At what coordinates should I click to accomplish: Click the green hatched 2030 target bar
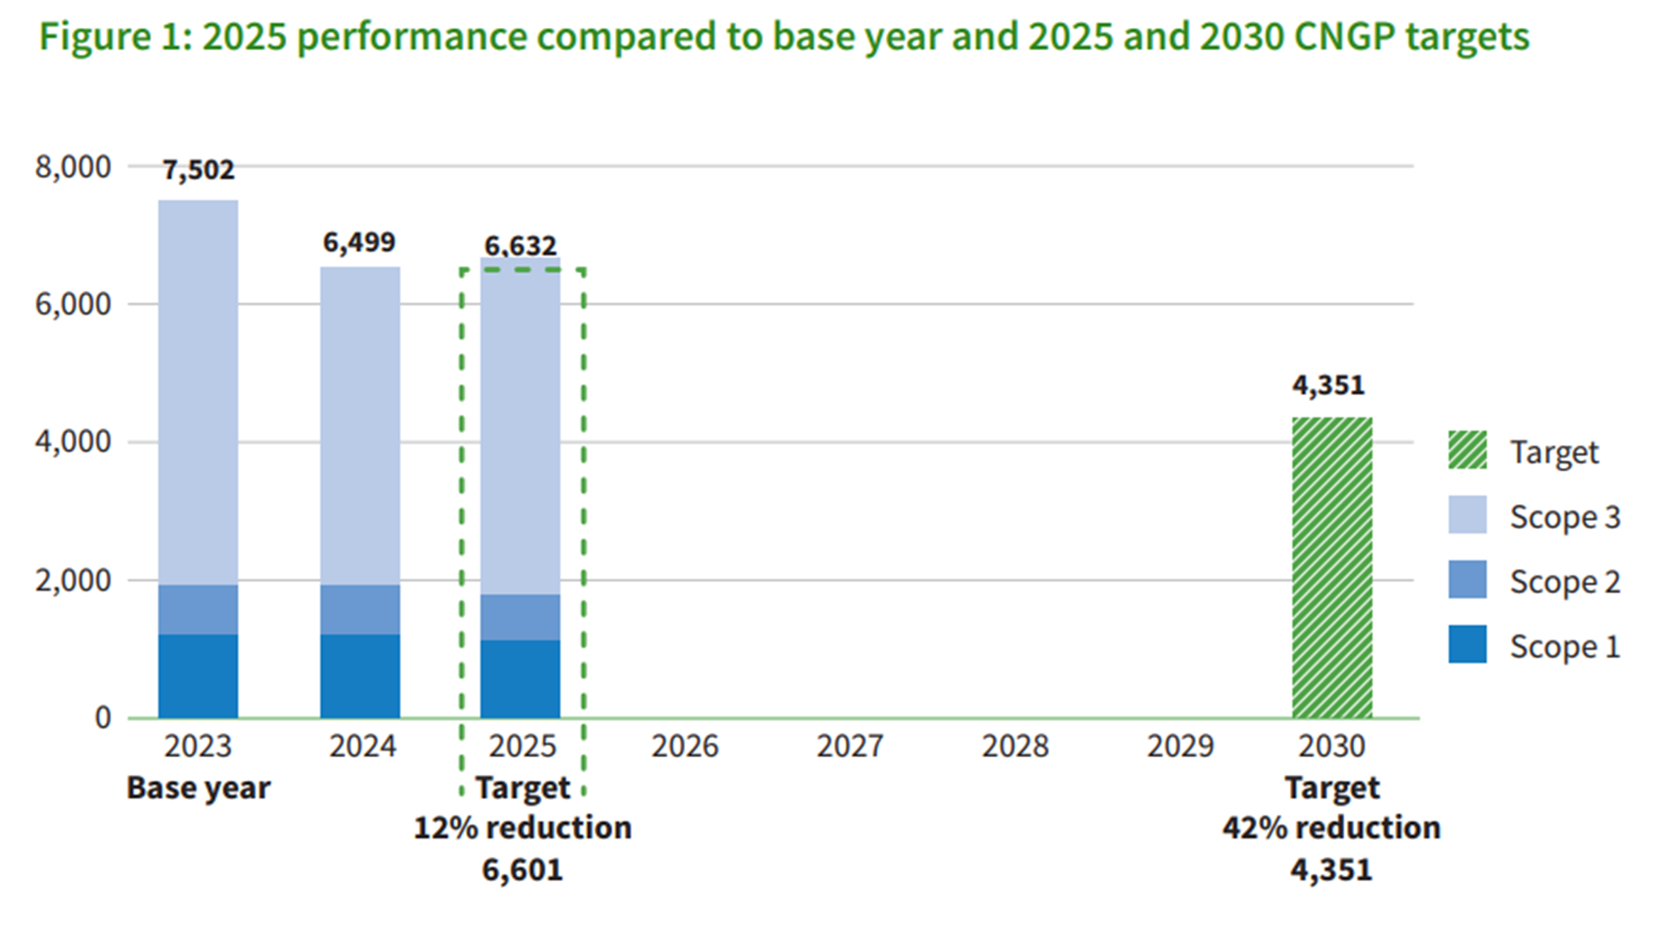tap(1331, 568)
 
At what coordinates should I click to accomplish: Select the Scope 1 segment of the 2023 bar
tap(198, 676)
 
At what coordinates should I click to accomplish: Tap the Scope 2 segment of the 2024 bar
tap(360, 609)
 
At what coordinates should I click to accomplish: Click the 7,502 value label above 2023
tap(198, 170)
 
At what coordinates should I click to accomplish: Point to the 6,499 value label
tap(359, 243)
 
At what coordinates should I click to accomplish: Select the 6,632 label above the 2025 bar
tap(520, 246)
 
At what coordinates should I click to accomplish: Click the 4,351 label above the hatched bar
tap(1328, 385)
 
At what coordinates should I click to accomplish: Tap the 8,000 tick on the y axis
tap(73, 166)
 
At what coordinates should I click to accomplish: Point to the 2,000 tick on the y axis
tap(73, 581)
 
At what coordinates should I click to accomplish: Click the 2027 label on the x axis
tap(849, 746)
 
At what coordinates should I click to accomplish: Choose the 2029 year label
tap(1180, 746)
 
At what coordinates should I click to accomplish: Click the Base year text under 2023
tap(198, 788)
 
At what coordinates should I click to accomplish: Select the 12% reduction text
tap(523, 828)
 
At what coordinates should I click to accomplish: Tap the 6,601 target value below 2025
tap(522, 869)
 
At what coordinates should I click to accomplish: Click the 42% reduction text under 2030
tap(1331, 828)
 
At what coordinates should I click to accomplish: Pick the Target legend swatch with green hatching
tap(1467, 451)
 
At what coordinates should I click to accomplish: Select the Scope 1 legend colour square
tap(1467, 645)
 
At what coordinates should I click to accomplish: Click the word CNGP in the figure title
tap(1344, 36)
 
